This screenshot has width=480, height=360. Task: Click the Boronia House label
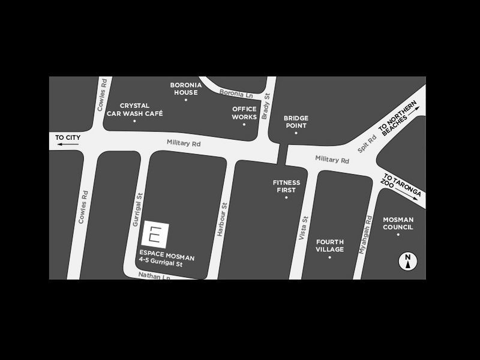tap(185, 89)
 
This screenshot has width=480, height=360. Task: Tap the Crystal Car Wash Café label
tap(134, 109)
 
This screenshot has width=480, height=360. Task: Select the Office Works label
tap(244, 113)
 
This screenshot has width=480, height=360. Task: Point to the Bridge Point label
tap(296, 122)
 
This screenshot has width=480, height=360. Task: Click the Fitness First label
tap(286, 186)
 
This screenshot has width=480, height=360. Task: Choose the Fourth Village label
tap(330, 245)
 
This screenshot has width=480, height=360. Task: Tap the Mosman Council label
tap(398, 224)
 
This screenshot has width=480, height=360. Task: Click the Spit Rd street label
tap(367, 142)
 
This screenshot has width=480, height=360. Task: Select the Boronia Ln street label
tap(237, 94)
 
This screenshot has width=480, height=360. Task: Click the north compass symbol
tap(407, 260)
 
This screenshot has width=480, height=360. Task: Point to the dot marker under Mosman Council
tap(398, 235)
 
